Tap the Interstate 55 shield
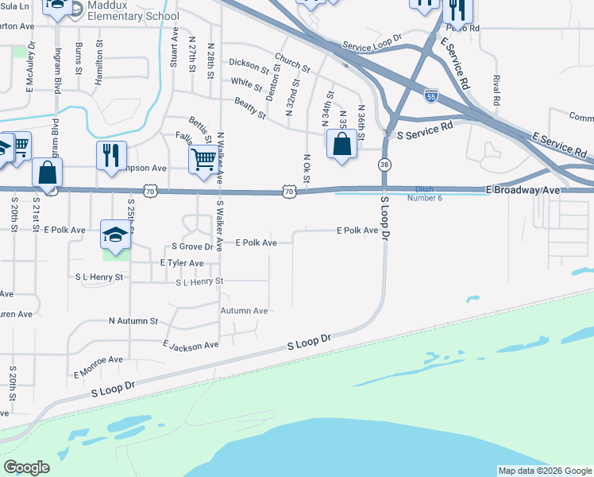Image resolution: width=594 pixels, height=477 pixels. pyautogui.click(x=431, y=95)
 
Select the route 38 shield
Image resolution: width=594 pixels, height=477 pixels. pyautogui.click(x=384, y=164)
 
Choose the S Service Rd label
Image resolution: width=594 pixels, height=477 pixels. pyautogui.click(x=424, y=126)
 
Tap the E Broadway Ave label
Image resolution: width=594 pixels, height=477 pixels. pyautogui.click(x=523, y=191)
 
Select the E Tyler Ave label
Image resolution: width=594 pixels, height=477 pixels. pyautogui.click(x=182, y=262)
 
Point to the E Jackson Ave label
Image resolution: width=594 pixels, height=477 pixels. pyautogui.click(x=191, y=346)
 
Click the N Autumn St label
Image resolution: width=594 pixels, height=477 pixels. pyautogui.click(x=133, y=321)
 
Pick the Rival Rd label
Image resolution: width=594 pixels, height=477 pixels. pyautogui.click(x=496, y=91)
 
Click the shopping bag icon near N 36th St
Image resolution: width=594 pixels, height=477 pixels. pyautogui.click(x=341, y=145)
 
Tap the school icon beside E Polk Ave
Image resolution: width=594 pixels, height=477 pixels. pyautogui.click(x=115, y=235)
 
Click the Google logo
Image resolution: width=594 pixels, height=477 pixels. pyautogui.click(x=26, y=467)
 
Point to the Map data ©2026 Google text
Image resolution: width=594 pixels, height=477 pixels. pyautogui.click(x=544, y=471)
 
